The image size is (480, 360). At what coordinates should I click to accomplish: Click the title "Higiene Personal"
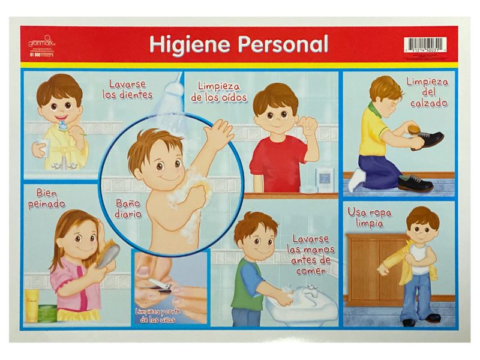(x=238, y=44)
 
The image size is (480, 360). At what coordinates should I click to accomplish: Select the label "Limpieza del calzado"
(x=426, y=92)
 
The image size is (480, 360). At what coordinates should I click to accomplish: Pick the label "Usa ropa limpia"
(x=365, y=220)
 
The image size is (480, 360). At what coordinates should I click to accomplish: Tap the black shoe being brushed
(x=427, y=140)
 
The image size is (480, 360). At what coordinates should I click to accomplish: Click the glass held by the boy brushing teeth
(x=39, y=147)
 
